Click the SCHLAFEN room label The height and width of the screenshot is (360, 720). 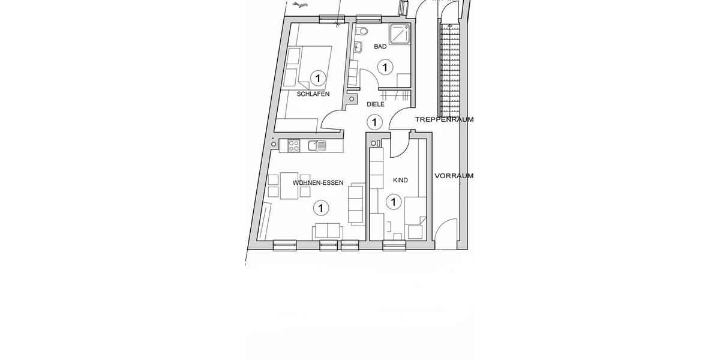(313, 94)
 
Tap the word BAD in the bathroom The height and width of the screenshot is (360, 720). (380, 46)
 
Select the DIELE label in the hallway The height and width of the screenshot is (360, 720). (375, 104)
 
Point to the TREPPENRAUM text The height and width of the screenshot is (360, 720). (444, 119)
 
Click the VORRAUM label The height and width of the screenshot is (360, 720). (454, 176)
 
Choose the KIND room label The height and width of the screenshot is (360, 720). (400, 180)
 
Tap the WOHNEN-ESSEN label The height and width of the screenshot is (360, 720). (317, 183)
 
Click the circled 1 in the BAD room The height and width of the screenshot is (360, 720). (384, 66)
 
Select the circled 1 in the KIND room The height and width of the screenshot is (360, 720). (394, 202)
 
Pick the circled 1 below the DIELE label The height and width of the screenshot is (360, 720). (374, 122)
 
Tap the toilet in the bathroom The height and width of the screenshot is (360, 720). (362, 32)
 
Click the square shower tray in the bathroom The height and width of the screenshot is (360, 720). (398, 35)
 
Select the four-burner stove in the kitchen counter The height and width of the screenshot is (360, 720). (295, 145)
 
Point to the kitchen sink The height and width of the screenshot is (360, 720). (316, 145)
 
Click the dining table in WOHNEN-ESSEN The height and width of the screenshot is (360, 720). (289, 185)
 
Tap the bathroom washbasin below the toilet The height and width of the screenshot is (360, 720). (359, 47)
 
